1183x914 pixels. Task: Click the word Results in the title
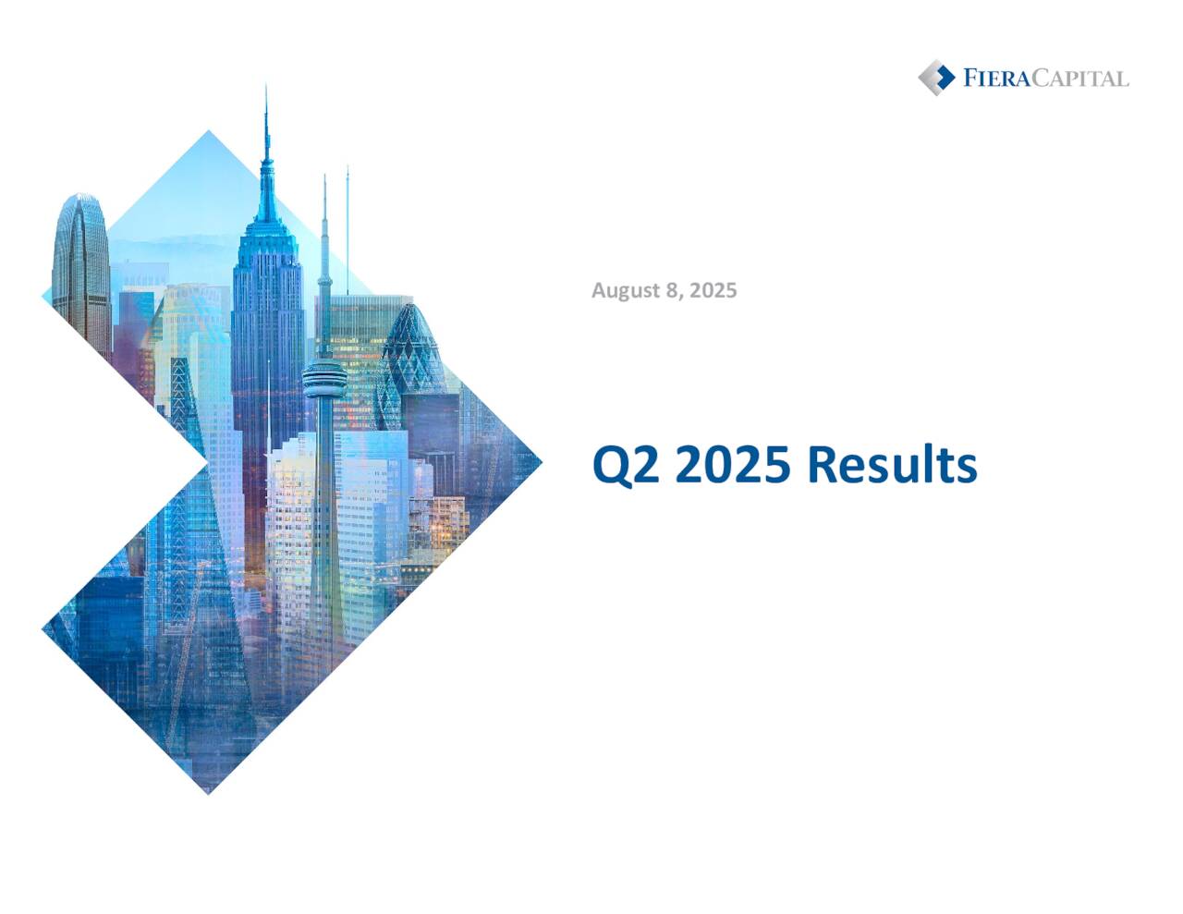click(892, 464)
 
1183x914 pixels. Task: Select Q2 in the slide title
click(626, 465)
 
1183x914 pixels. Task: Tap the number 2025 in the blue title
click(733, 464)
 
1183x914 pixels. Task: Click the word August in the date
click(625, 290)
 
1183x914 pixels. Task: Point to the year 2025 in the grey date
click(713, 290)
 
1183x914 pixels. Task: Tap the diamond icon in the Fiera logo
click(936, 78)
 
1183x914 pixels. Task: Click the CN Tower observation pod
click(324, 378)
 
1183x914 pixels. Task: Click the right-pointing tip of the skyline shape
click(538, 460)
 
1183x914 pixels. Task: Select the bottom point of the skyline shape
click(209, 790)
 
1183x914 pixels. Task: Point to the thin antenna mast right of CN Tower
click(348, 222)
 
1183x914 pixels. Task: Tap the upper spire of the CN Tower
click(324, 231)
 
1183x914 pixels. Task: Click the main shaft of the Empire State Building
click(267, 323)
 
